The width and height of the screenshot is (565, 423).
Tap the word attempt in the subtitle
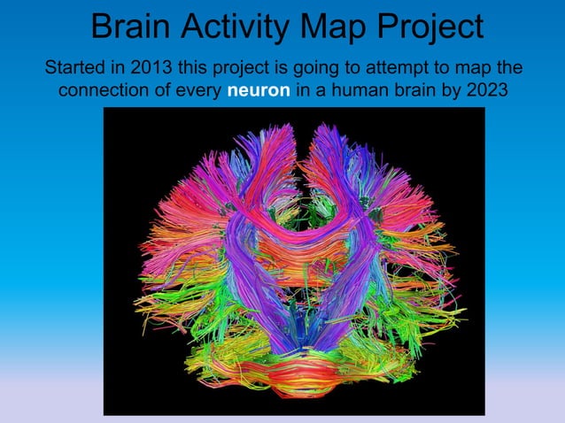point(391,67)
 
